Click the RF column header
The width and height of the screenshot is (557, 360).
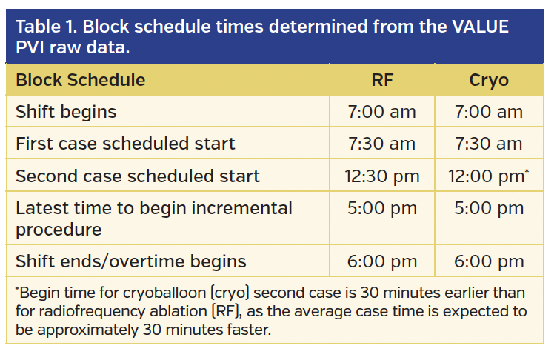pyautogui.click(x=381, y=80)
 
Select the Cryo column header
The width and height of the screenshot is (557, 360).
pyautogui.click(x=489, y=80)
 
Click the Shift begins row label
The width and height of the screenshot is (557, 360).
pyautogui.click(x=66, y=112)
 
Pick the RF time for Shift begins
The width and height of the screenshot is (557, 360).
pyautogui.click(x=381, y=112)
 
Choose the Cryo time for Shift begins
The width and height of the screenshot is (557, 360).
pyautogui.click(x=489, y=112)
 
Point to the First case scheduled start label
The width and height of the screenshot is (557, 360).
pyautogui.click(x=125, y=144)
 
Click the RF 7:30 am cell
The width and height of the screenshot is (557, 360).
pyautogui.click(x=381, y=144)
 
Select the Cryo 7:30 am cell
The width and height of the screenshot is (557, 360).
pyautogui.click(x=489, y=144)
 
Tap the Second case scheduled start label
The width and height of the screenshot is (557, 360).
pyautogui.click(x=138, y=176)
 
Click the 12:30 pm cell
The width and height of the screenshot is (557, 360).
pyautogui.click(x=381, y=176)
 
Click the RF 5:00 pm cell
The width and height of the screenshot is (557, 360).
pyautogui.click(x=381, y=208)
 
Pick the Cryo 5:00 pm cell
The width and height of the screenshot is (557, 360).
pyautogui.click(x=489, y=208)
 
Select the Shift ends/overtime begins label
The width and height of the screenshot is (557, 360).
pyautogui.click(x=131, y=261)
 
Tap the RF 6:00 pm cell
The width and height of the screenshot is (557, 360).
pyautogui.click(x=381, y=261)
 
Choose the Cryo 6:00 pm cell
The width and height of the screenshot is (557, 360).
pyautogui.click(x=489, y=261)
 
